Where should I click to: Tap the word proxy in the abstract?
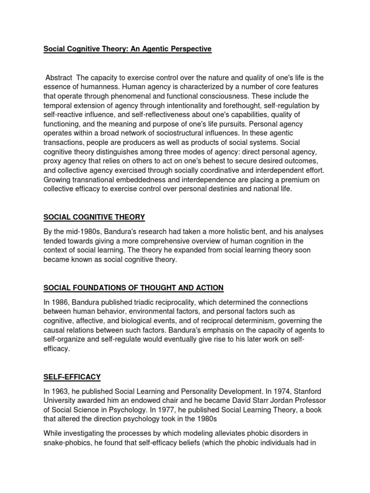pos(53,160)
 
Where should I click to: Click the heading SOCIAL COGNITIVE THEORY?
pos(94,217)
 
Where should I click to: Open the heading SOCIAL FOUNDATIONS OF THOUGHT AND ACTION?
pos(133,288)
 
